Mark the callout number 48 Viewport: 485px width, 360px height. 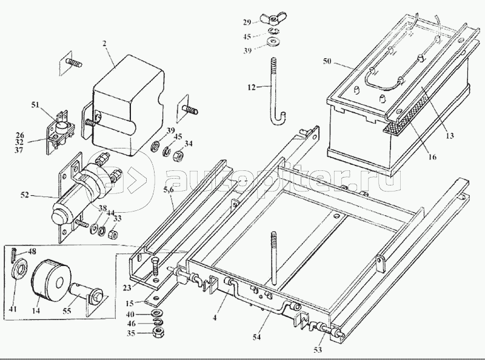32,251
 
